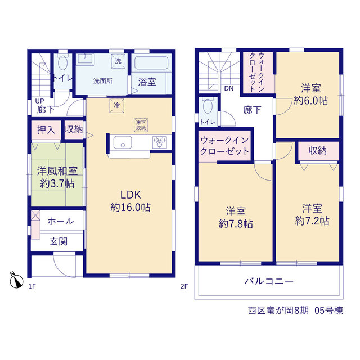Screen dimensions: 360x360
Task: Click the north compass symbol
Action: (16, 281)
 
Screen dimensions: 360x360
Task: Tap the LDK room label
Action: (130, 195)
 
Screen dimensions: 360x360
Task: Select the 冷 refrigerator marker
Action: (117, 106)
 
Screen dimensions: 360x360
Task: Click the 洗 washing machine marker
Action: (118, 61)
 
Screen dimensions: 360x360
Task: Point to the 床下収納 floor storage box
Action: (141, 125)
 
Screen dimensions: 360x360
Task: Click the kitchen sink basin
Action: (123, 142)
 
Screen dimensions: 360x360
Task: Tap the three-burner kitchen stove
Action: (160, 142)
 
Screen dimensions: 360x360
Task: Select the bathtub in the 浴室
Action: (151, 63)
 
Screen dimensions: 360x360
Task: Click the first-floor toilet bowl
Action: (62, 62)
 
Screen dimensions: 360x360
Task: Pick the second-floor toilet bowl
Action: (208, 106)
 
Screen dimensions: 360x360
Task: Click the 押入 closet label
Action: (46, 130)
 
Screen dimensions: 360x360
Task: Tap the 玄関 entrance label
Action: (58, 241)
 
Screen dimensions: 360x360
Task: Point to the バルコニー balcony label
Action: (269, 281)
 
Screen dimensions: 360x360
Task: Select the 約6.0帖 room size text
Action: (311, 101)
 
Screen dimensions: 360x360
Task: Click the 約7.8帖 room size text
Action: (236, 223)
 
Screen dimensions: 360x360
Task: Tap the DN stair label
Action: (229, 88)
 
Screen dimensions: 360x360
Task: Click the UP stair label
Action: (39, 101)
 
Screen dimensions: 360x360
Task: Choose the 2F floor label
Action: (184, 286)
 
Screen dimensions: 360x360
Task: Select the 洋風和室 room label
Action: (57, 171)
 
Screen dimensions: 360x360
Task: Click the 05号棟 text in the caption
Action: (328, 310)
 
